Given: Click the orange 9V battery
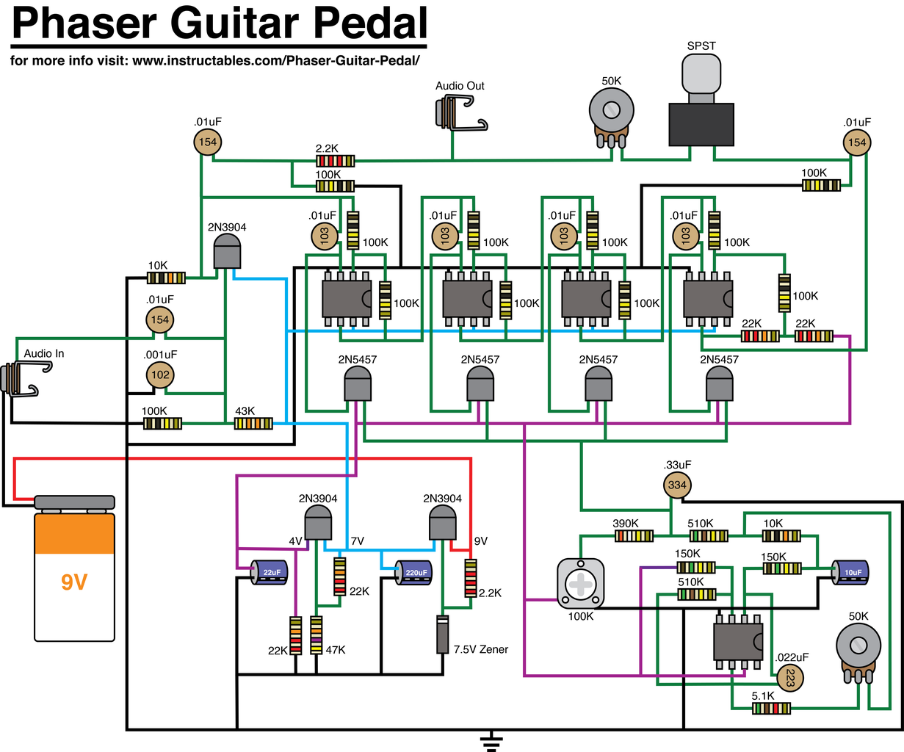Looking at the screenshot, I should pos(74,569).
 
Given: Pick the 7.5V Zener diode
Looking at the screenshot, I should pos(442,635).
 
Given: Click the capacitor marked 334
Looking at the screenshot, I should pos(676,485).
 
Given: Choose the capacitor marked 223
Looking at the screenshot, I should pos(789,678).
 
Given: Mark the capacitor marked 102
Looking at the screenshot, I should pos(159,375).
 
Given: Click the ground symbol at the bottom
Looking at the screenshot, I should pos(491,741).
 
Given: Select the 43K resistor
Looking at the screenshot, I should pos(253,424).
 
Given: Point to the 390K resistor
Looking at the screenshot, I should pos(634,535).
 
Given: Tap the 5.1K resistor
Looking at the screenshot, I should pos(772,708).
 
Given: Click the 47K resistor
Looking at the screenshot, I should pos(317,635).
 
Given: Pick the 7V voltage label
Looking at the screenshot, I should pos(358,541).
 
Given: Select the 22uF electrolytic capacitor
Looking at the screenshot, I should pos(270,572).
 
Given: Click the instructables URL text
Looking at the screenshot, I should pos(275,60).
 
